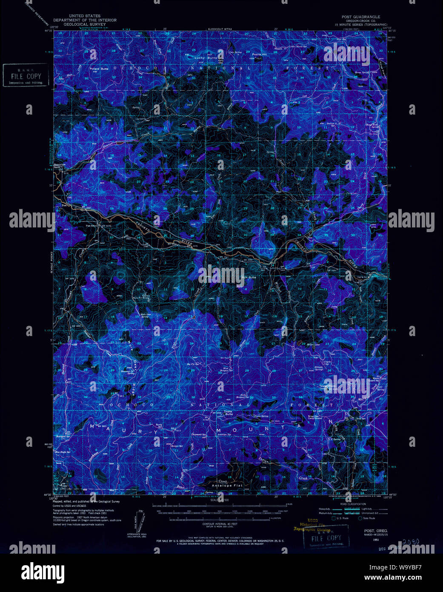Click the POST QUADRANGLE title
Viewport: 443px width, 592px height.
[x=360, y=17]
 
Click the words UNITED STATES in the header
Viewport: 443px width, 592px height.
[x=84, y=16]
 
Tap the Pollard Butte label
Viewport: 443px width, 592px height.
[x=99, y=69]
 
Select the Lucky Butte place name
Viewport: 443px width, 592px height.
[x=206, y=57]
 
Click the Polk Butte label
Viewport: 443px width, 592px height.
[x=249, y=277]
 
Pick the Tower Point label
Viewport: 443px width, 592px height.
[x=328, y=386]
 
